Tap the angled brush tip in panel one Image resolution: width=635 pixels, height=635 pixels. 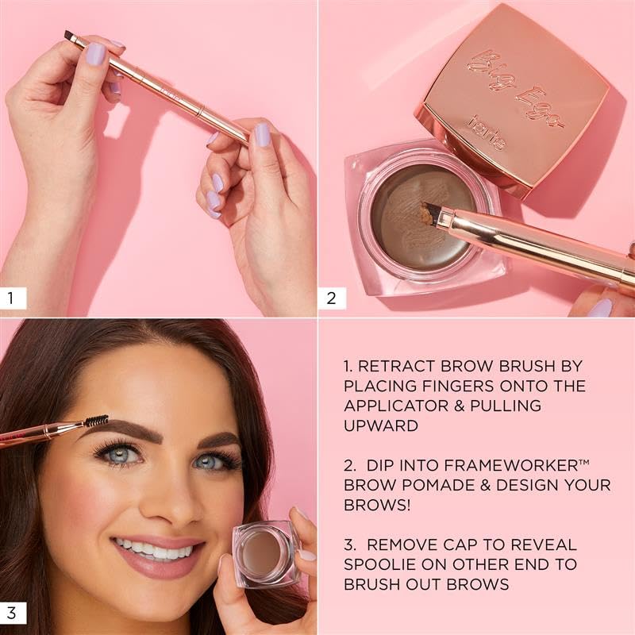(x=70, y=37)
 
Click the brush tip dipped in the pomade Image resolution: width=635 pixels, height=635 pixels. (x=432, y=212)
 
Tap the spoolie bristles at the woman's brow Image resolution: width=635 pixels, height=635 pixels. (x=96, y=421)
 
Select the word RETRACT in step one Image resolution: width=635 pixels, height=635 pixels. (x=397, y=367)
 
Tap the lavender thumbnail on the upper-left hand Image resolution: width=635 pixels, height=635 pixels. (x=94, y=54)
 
